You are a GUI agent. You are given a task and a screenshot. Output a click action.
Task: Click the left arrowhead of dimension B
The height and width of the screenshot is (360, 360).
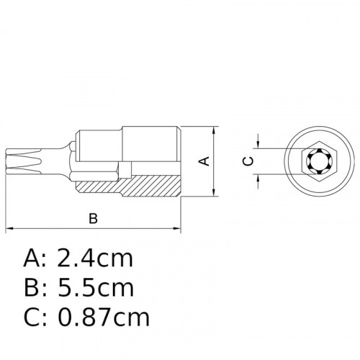tap(9, 230)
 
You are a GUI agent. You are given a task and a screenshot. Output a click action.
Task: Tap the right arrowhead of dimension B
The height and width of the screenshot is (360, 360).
tap(177, 230)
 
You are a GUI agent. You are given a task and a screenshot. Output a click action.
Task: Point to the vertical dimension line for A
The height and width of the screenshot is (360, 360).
tap(216, 173)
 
